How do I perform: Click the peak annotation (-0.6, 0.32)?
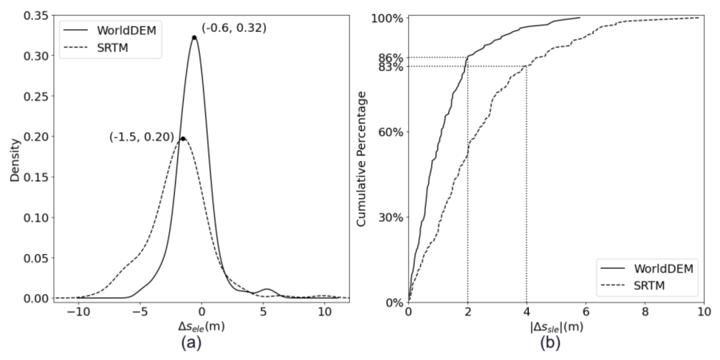point(234,28)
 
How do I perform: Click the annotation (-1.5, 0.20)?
point(142,137)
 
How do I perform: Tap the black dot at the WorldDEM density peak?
point(194,38)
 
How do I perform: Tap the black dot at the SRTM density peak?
point(183,139)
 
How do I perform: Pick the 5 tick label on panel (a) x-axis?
point(263,312)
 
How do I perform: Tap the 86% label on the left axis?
point(390,58)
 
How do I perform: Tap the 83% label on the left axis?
point(390,67)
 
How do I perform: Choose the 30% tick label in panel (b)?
point(390,217)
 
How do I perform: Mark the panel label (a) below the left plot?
point(191,343)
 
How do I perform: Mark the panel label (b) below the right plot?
point(550,343)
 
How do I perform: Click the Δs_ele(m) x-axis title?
point(202,327)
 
